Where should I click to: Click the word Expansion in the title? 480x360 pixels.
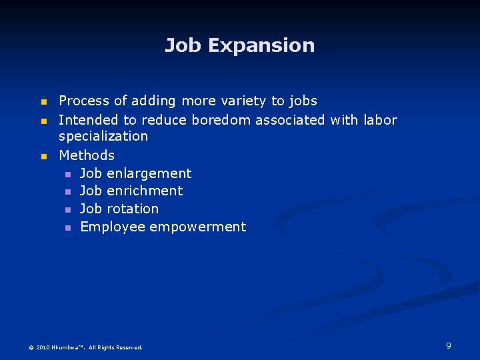tap(261, 46)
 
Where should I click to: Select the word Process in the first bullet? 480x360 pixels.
tap(84, 101)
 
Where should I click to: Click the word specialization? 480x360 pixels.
tap(103, 137)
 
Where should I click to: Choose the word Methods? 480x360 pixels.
tap(87, 155)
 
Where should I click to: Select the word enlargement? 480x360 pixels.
tap(149, 174)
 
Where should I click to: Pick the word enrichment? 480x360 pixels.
tap(144, 191)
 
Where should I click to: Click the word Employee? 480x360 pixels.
tap(113, 227)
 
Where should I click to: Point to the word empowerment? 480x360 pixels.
tap(197, 227)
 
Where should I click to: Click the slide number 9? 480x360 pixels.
tap(449, 345)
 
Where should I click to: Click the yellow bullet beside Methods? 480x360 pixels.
tap(44, 156)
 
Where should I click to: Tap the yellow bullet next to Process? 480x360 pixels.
tap(44, 102)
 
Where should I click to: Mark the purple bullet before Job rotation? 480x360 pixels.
tap(67, 210)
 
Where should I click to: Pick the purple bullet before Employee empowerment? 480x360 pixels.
tap(67, 228)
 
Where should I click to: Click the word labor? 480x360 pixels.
tap(380, 121)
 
